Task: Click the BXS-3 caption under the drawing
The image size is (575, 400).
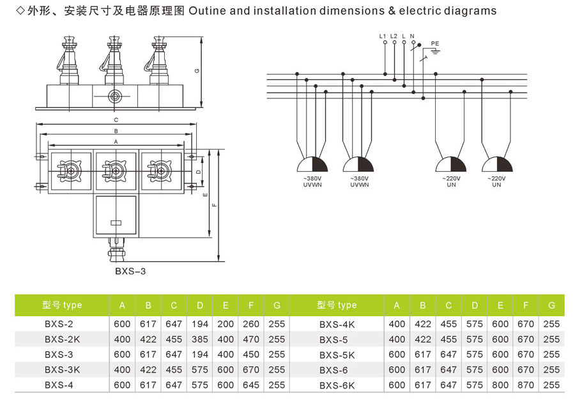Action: [130, 272]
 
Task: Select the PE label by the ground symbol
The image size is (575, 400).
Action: [435, 43]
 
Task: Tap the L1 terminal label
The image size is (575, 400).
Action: [383, 36]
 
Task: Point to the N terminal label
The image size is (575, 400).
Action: [412, 36]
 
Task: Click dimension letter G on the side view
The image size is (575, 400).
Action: [197, 71]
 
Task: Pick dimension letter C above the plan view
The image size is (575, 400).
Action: [116, 120]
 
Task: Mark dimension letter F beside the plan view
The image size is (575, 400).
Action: [215, 205]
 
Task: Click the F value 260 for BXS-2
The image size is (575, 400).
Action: [251, 324]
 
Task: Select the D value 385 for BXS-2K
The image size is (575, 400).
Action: [199, 339]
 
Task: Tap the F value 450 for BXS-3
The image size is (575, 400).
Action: [251, 355]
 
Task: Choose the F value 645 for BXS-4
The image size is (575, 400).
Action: [251, 385]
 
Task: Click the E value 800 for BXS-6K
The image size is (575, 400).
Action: [500, 385]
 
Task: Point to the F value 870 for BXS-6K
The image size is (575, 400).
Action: [526, 385]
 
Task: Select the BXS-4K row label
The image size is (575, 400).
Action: [337, 325]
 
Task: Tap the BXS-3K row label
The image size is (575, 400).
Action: [63, 370]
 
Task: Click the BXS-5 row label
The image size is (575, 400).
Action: [333, 340]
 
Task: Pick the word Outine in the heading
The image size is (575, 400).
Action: [207, 11]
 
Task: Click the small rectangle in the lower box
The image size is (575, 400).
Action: [116, 222]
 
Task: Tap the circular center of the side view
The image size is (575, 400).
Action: [115, 96]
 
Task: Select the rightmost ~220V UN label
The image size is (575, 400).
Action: [496, 181]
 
